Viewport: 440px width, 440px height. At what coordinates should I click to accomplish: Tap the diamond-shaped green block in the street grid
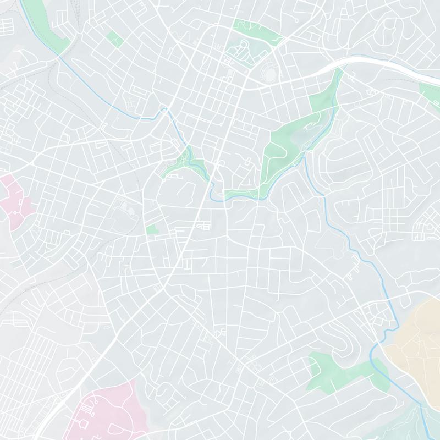coord(115,38)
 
